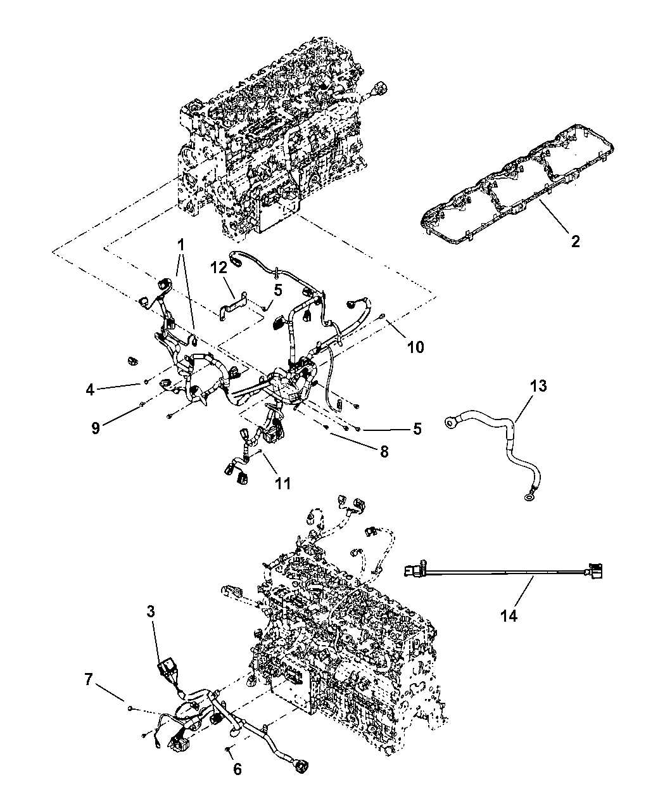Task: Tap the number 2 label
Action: coord(575,241)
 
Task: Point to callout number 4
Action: coord(91,390)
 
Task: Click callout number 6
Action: coord(237,769)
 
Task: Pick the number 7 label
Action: coord(88,679)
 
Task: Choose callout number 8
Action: coord(384,451)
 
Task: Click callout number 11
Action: coord(282,483)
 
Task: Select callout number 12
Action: coord(218,269)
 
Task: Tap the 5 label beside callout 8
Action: coord(417,428)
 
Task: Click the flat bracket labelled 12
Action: coord(232,304)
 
